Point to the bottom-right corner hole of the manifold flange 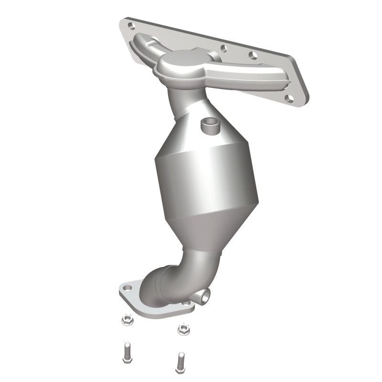pyautogui.click(x=288, y=98)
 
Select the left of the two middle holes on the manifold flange pyautogui.click(x=223, y=47)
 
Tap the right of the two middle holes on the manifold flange pyautogui.click(x=253, y=56)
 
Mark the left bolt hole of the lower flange pyautogui.click(x=127, y=289)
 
